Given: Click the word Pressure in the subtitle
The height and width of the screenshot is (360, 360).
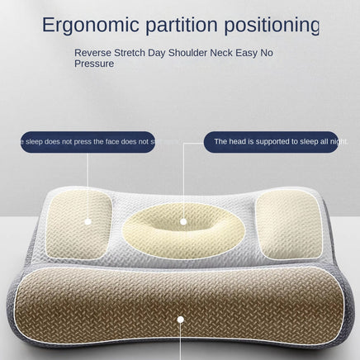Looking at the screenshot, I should click(94, 63).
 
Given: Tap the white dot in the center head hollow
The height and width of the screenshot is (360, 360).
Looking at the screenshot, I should click(182, 221).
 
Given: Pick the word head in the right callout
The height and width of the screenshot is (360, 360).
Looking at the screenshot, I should click(232, 142).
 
